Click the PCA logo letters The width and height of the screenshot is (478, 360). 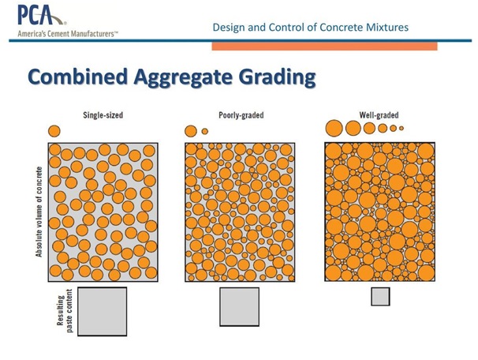point(36,15)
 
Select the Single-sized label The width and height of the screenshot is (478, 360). point(103,115)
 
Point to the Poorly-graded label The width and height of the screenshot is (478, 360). point(241,115)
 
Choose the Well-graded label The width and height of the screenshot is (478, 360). point(379,115)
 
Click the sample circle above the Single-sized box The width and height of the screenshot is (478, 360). point(54,131)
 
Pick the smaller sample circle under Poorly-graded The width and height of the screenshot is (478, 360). point(205,131)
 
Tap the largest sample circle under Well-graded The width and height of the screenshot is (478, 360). point(334,128)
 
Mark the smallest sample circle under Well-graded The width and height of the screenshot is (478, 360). point(401,129)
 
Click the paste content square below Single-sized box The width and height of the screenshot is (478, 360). point(102,312)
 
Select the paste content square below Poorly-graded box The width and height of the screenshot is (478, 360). point(240,307)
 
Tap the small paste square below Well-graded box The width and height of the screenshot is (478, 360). point(380,297)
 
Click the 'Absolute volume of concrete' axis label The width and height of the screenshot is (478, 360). point(39,212)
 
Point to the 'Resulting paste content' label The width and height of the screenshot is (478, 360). point(65,311)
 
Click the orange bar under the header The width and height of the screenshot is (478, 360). point(325,47)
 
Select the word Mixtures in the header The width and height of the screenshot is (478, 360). point(387,27)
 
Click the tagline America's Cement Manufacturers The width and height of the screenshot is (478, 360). point(68,34)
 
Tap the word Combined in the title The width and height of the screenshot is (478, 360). point(78,77)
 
